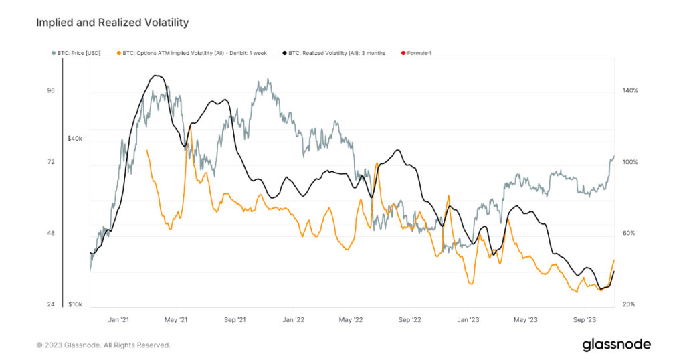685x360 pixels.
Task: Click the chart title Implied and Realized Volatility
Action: pyautogui.click(x=112, y=23)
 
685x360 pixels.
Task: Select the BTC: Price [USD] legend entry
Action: pyautogui.click(x=76, y=53)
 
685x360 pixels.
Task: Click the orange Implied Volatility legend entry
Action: pyautogui.click(x=191, y=53)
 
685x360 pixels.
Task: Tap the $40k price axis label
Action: pyautogui.click(x=74, y=139)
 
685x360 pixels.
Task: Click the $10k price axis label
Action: pyautogui.click(x=74, y=304)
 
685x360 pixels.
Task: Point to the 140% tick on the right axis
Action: pyautogui.click(x=630, y=91)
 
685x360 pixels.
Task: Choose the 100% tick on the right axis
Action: pyautogui.click(x=630, y=162)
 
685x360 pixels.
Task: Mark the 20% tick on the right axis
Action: pyautogui.click(x=630, y=304)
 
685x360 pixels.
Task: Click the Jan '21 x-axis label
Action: pyautogui.click(x=118, y=320)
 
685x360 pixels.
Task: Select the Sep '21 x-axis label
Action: pyautogui.click(x=235, y=320)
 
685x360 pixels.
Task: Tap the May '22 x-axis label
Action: pyautogui.click(x=351, y=320)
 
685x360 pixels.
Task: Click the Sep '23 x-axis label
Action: pyautogui.click(x=585, y=320)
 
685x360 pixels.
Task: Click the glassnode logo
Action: pyautogui.click(x=616, y=344)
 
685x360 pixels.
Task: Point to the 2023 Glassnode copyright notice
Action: pyautogui.click(x=103, y=345)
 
